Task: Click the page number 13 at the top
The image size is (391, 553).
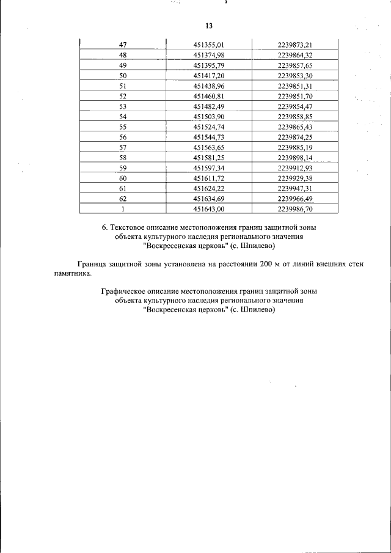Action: pos(208,26)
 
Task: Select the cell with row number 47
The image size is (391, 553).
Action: pos(122,45)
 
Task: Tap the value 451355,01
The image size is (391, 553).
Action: pos(209,45)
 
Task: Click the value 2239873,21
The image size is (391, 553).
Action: pos(295,45)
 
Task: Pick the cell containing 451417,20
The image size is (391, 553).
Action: pos(209,75)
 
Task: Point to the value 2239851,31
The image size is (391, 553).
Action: pos(295,86)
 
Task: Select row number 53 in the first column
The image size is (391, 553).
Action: pos(122,106)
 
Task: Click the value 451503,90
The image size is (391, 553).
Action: pos(209,117)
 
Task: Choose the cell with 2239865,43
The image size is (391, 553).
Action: pos(295,127)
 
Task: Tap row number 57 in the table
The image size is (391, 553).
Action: pos(122,147)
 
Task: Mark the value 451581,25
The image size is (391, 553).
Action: pos(209,158)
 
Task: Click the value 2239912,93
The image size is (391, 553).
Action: pos(295,168)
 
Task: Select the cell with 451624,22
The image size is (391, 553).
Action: pos(209,188)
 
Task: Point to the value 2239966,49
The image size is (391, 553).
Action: pos(295,199)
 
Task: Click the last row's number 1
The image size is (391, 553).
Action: pos(122,209)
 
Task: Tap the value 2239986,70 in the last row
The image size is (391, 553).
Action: pos(295,209)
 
